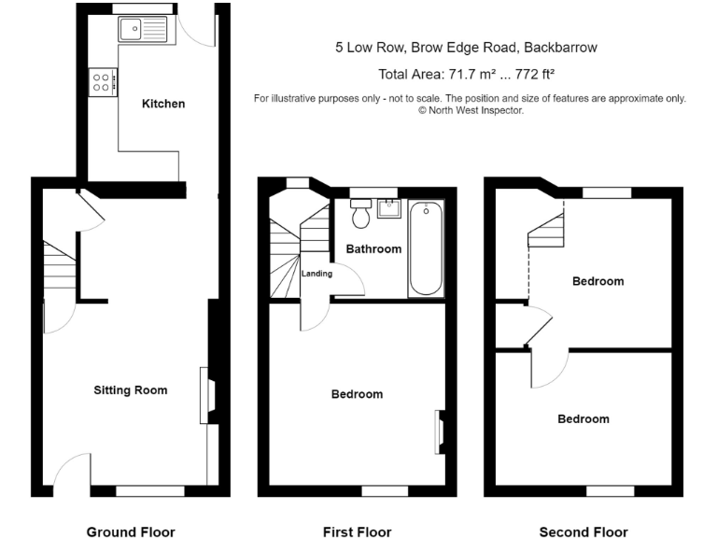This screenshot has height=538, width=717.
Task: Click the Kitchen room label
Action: [163, 104]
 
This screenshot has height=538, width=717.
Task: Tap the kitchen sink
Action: [144, 29]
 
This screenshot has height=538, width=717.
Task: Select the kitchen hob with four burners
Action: [102, 81]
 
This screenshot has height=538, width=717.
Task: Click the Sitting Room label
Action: [131, 389]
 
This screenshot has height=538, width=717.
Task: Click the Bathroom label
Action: [373, 248]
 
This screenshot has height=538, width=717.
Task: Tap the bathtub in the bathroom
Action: [425, 249]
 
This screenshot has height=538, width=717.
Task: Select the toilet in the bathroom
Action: [360, 213]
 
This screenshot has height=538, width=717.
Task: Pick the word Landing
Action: [317, 273]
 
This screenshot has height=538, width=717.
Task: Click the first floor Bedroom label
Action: [357, 394]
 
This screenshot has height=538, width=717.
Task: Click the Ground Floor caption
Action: [131, 532]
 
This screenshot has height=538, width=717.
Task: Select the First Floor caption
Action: [357, 532]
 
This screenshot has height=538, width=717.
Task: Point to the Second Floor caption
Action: [583, 532]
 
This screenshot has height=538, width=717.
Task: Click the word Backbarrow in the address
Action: [560, 48]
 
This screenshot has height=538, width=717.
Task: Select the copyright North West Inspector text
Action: [471, 110]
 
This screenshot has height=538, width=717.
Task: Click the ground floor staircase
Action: [58, 271]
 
